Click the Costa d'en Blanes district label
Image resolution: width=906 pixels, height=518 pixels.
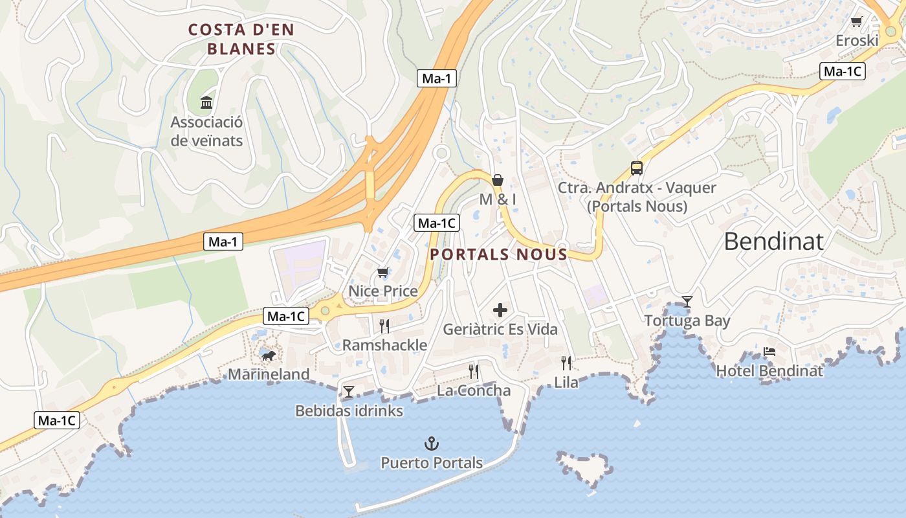[x=241, y=39]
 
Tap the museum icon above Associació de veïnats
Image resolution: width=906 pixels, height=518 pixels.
[x=206, y=102]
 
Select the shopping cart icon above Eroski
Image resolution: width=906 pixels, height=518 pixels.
[x=857, y=22]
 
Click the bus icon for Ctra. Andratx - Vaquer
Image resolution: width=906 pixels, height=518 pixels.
[x=637, y=168]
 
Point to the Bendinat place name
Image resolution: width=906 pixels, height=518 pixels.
[x=773, y=241]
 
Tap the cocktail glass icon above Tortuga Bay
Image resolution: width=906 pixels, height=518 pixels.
[x=687, y=301]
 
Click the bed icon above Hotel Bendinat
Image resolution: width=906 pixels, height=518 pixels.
[x=769, y=352]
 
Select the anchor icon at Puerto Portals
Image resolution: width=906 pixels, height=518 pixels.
[x=431, y=444]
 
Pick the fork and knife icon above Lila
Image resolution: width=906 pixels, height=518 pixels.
[x=566, y=363]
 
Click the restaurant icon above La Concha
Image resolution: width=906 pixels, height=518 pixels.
[x=474, y=371]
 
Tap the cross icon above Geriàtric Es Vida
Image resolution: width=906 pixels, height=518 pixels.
[x=500, y=310]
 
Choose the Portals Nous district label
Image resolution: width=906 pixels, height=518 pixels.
[x=498, y=254]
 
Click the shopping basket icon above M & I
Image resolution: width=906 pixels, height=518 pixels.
[x=498, y=179]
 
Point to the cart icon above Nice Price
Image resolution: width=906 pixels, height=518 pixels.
[x=383, y=272]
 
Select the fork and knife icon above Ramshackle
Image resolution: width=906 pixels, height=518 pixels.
[x=384, y=326]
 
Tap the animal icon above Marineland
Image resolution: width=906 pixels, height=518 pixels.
[x=268, y=355]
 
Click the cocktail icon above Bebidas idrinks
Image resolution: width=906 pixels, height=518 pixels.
[x=349, y=391]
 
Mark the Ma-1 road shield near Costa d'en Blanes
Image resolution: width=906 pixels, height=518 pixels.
[x=437, y=79]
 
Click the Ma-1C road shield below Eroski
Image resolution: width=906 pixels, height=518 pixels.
[x=842, y=71]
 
